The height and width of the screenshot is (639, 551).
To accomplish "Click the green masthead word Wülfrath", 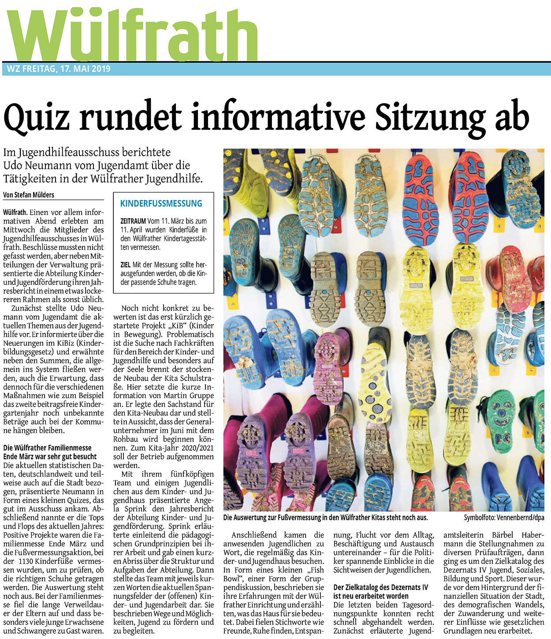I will (132, 34).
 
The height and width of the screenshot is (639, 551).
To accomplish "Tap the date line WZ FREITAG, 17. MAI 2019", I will (59, 69).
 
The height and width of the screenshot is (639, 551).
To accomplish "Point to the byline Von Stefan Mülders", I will (29, 194).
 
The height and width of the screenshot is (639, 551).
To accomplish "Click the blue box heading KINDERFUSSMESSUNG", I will (161, 204).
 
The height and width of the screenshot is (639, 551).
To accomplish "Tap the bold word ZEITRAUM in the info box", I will (133, 221).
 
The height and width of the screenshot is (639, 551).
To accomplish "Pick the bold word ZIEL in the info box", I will (126, 265).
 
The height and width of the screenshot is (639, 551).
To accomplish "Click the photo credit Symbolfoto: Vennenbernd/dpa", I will (504, 517).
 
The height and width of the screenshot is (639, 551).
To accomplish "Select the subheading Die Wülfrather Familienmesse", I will (47, 448).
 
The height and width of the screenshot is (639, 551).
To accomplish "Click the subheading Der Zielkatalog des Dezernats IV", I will (380, 587).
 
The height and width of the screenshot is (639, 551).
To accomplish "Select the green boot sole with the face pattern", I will (501, 421).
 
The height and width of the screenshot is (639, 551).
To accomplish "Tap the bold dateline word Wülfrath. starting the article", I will (15, 212).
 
